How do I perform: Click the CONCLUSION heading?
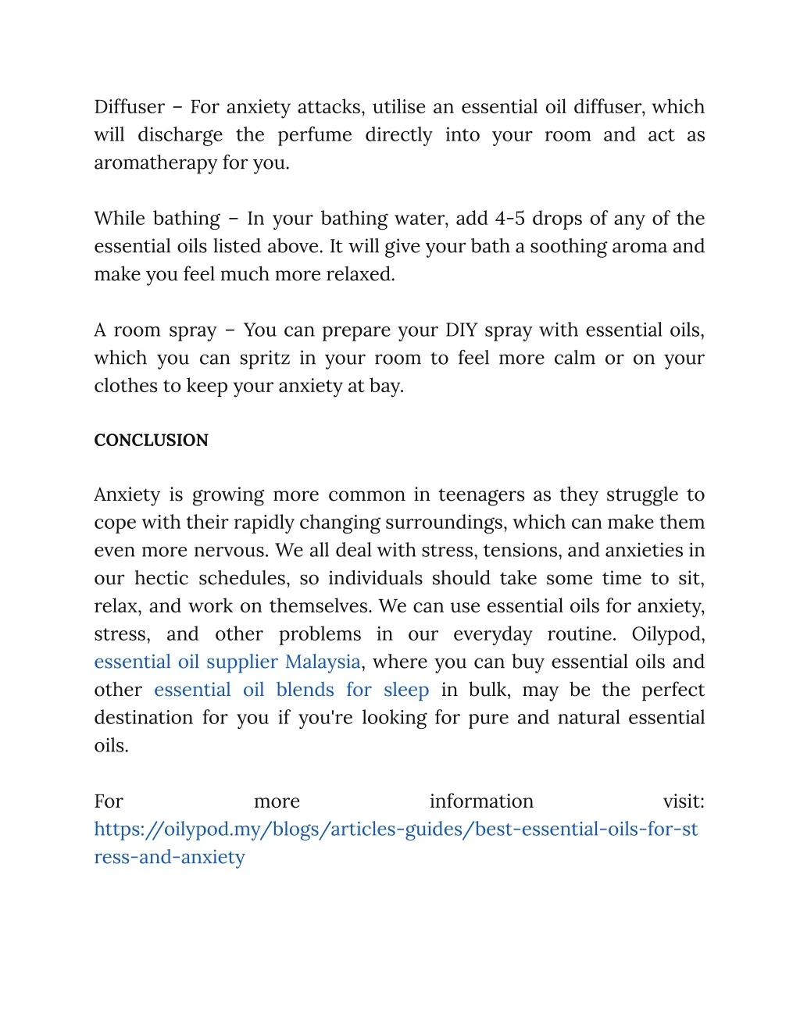(x=151, y=441)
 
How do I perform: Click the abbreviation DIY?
(x=461, y=330)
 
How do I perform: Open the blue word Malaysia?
(x=323, y=662)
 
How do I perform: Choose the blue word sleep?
(x=406, y=691)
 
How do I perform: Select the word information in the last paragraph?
(x=481, y=801)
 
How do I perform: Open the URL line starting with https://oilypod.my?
(x=395, y=830)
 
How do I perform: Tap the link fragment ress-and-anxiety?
(x=170, y=858)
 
